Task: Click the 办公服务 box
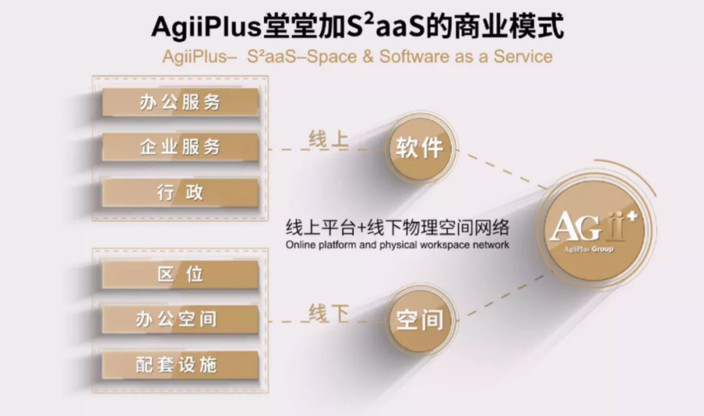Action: coord(180,102)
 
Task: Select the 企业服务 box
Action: coord(180,147)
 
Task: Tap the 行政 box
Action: coord(180,193)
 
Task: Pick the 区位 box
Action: coord(180,274)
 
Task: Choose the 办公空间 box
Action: coord(180,319)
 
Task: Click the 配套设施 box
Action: coord(180,364)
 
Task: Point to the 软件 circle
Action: coord(420,148)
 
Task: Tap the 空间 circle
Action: coord(420,320)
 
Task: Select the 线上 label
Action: coord(329,140)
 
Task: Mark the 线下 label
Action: coord(329,313)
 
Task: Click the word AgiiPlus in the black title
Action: coord(206,27)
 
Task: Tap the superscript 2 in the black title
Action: coord(368,20)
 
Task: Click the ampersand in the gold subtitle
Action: coord(368,57)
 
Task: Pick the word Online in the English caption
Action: coord(301,245)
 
